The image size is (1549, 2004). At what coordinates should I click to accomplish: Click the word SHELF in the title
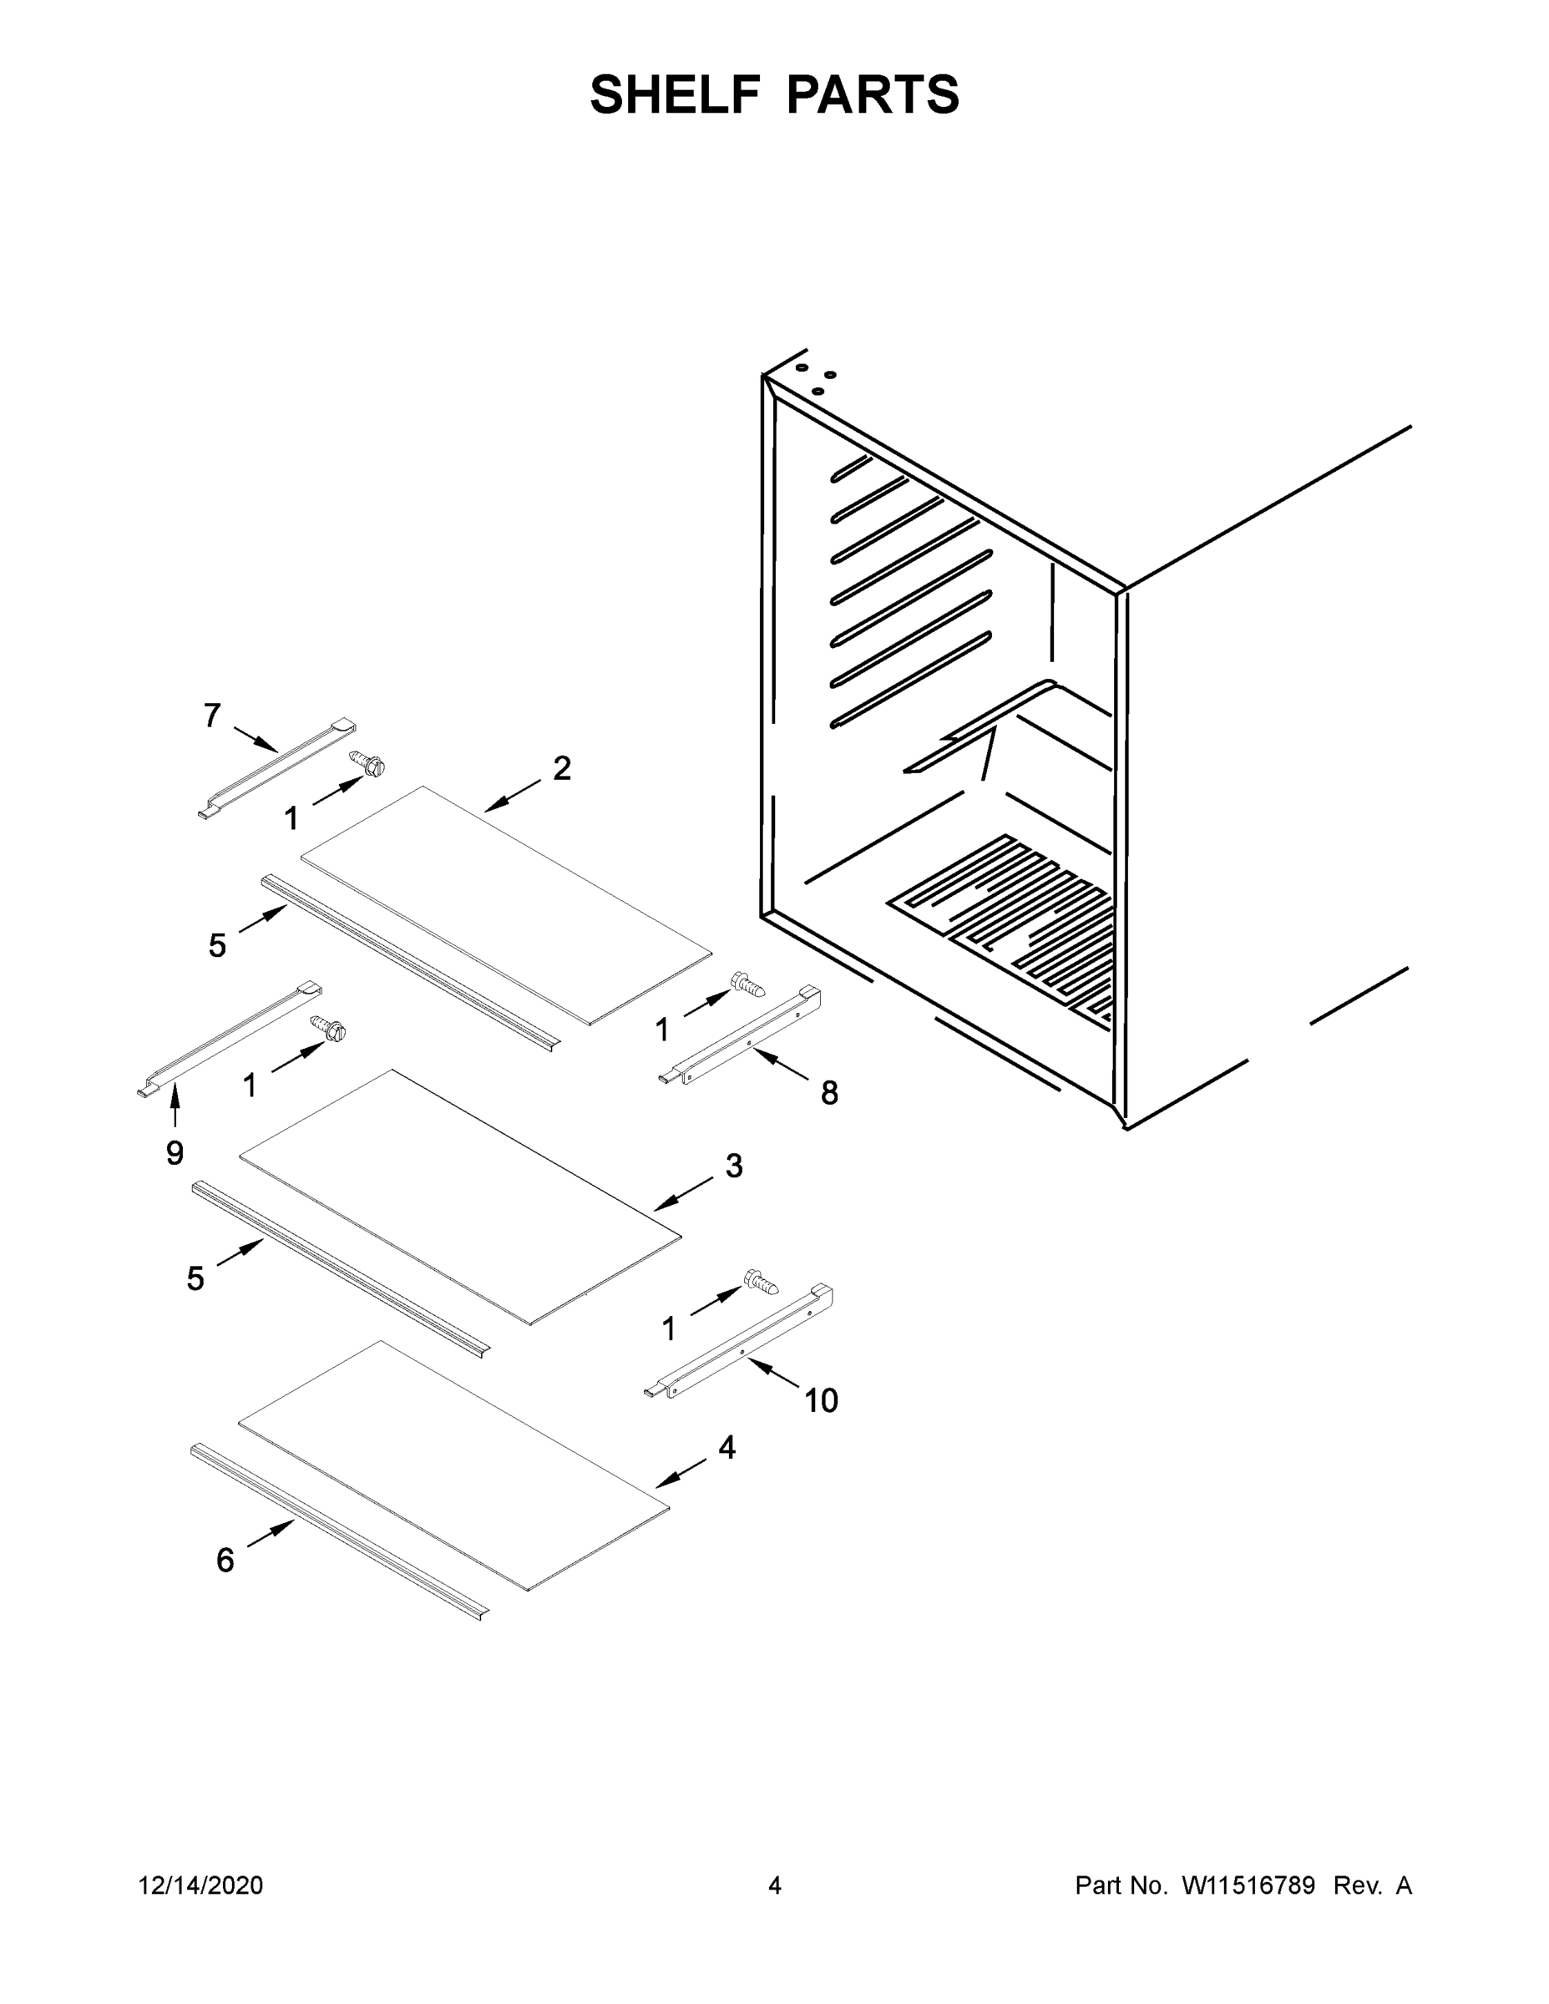point(676,94)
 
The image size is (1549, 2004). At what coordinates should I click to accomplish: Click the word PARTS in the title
point(873,94)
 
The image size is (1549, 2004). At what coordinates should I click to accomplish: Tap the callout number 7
point(212,715)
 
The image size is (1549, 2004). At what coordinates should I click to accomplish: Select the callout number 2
point(562,768)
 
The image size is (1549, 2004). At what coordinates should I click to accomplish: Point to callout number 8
point(828,1092)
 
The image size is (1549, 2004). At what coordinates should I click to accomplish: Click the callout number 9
point(175,1152)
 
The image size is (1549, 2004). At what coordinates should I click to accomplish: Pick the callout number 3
point(733,1166)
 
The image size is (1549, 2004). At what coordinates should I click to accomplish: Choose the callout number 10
point(822,1400)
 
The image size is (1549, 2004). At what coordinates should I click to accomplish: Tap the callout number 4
point(726,1447)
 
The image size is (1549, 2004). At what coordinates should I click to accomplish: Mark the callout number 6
point(225,1560)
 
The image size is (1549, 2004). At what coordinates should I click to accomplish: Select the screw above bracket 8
point(748,986)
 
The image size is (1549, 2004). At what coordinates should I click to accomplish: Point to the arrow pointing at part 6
point(271,1532)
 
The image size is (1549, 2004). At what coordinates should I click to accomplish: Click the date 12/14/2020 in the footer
point(201,1885)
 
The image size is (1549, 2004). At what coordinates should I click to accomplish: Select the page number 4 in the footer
point(775,1885)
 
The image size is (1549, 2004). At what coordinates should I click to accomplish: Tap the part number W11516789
point(1248,1885)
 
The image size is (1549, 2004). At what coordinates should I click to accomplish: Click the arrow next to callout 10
point(772,1372)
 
